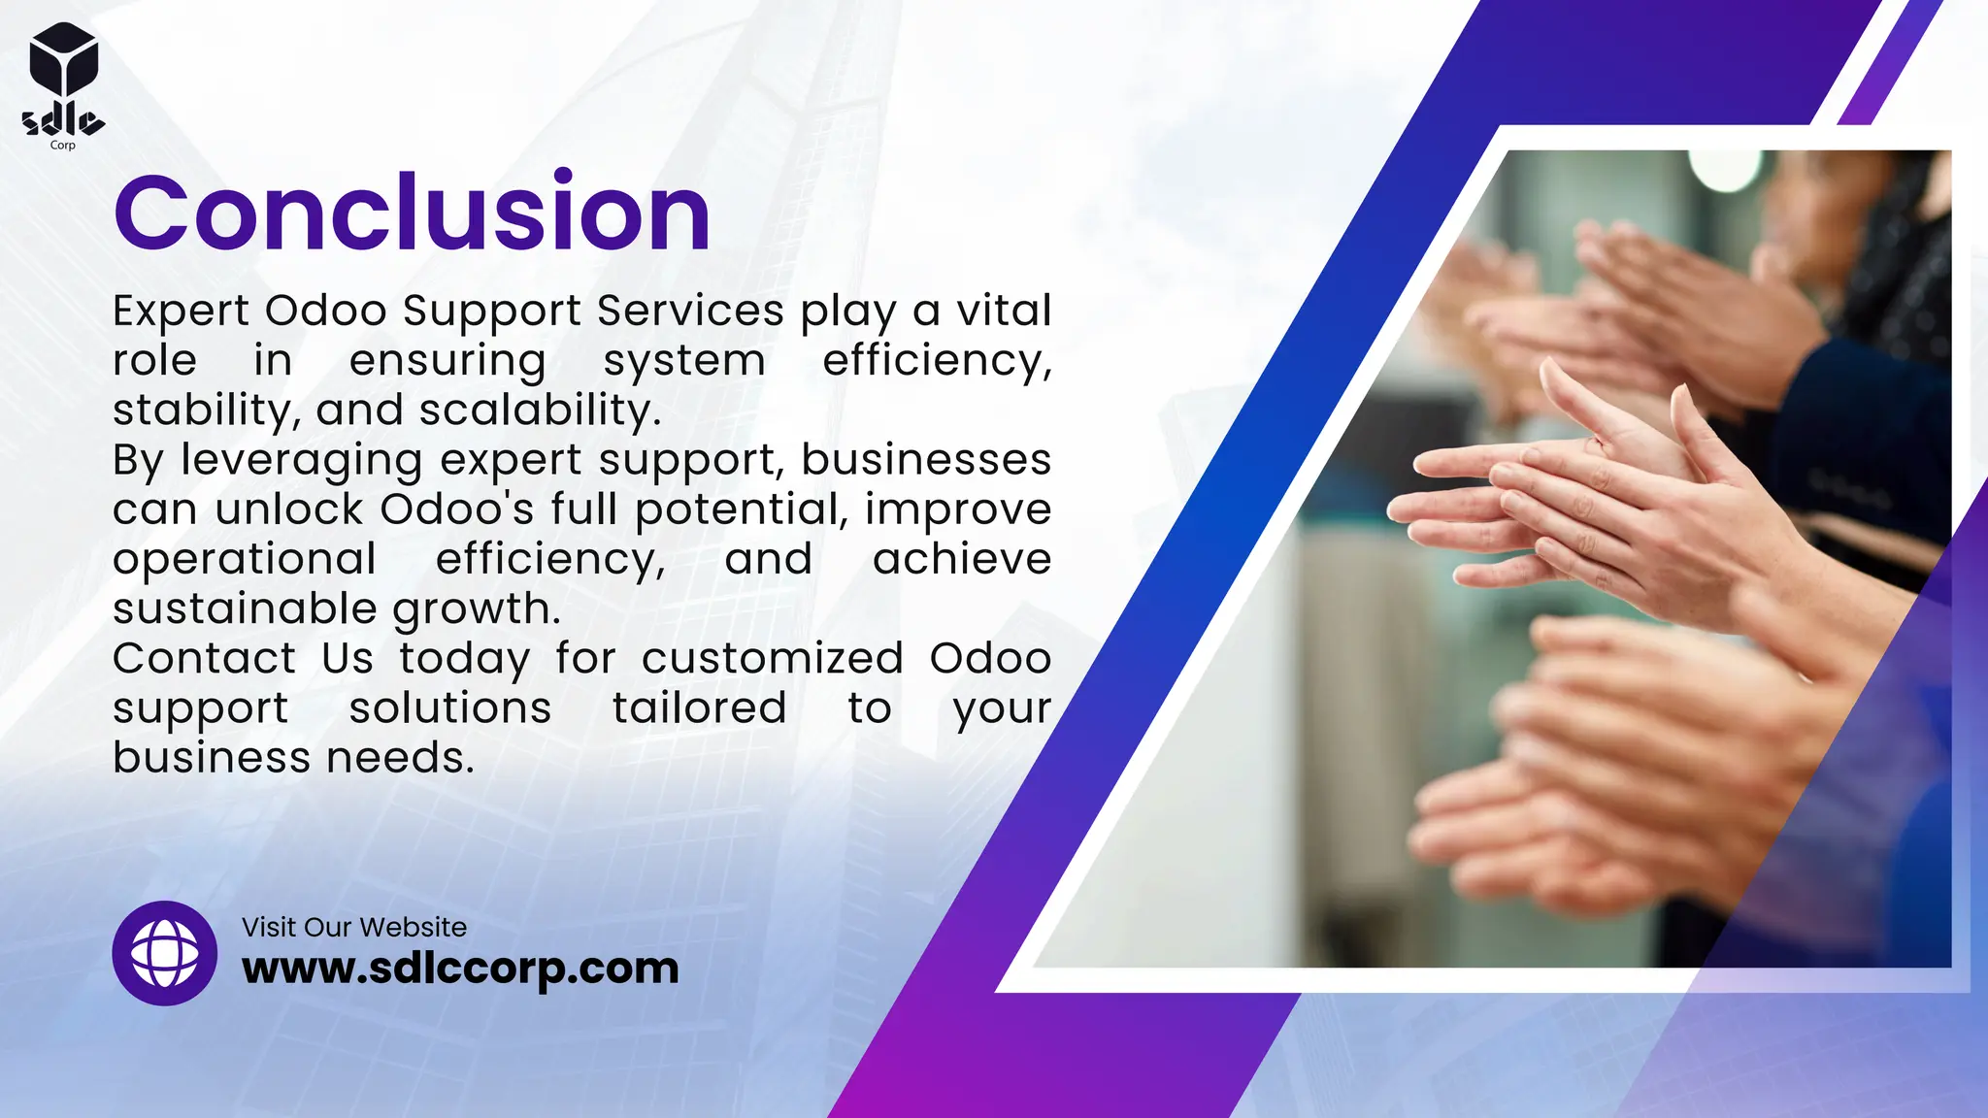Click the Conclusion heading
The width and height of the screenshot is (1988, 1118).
[x=412, y=213]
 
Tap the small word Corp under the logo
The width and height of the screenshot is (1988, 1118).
[x=62, y=146]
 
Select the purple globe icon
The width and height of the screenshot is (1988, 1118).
[x=165, y=953]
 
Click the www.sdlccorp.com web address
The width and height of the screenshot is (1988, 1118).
[x=460, y=969]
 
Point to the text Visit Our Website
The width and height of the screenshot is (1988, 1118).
[x=354, y=927]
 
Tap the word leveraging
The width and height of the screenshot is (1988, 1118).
[x=302, y=461]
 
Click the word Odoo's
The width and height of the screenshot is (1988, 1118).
[x=456, y=510]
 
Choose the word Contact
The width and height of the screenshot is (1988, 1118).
[x=204, y=659]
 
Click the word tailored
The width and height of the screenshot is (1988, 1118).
[x=699, y=708]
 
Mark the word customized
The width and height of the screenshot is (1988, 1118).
[x=773, y=659]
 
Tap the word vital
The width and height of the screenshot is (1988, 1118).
[x=1004, y=312]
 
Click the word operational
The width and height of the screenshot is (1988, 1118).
[x=245, y=560]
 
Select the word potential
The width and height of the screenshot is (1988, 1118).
[x=742, y=510]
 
